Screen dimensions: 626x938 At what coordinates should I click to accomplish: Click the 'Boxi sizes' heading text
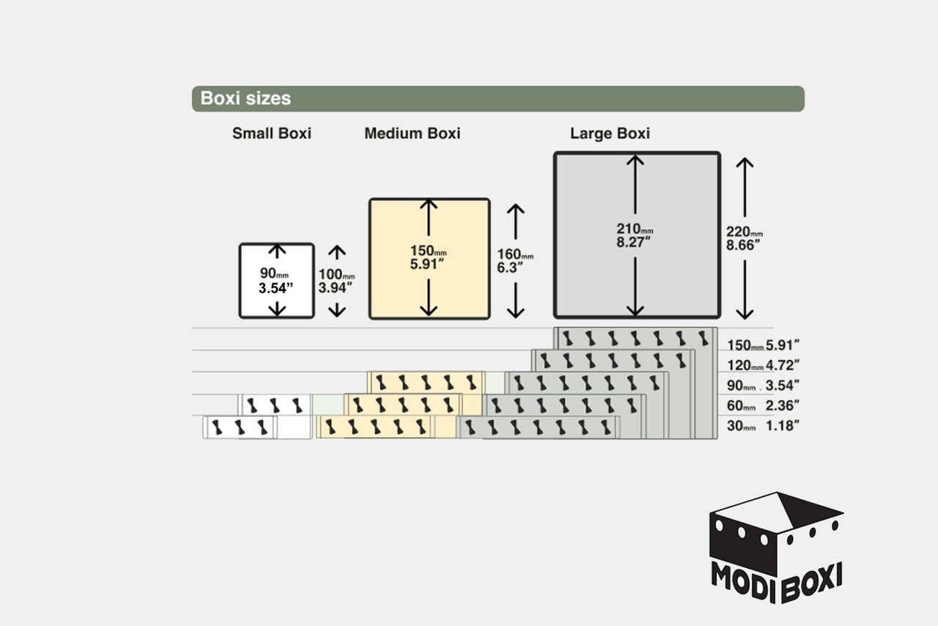tap(245, 98)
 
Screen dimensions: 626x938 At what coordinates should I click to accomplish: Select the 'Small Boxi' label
tap(272, 133)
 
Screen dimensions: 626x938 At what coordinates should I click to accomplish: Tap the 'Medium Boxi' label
tap(413, 133)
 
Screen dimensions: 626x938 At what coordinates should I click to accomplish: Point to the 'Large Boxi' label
tap(610, 133)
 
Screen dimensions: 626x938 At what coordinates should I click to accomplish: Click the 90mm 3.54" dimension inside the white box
tap(276, 281)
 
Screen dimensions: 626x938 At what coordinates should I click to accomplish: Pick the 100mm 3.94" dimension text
tap(336, 281)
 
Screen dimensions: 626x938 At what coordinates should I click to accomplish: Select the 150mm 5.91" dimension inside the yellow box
tap(429, 257)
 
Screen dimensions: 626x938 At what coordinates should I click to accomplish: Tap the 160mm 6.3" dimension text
tap(515, 261)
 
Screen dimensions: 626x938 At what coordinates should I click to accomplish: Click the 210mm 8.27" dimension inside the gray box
tap(635, 235)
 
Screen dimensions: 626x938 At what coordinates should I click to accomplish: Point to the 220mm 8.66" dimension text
tap(744, 238)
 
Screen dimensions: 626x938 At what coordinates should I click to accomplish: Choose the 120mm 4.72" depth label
tap(763, 365)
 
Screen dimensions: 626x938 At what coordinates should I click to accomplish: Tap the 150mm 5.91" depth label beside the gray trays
tap(763, 345)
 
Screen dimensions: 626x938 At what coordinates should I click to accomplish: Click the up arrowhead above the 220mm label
tap(745, 162)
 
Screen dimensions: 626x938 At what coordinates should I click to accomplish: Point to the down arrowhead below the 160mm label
tap(516, 313)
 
